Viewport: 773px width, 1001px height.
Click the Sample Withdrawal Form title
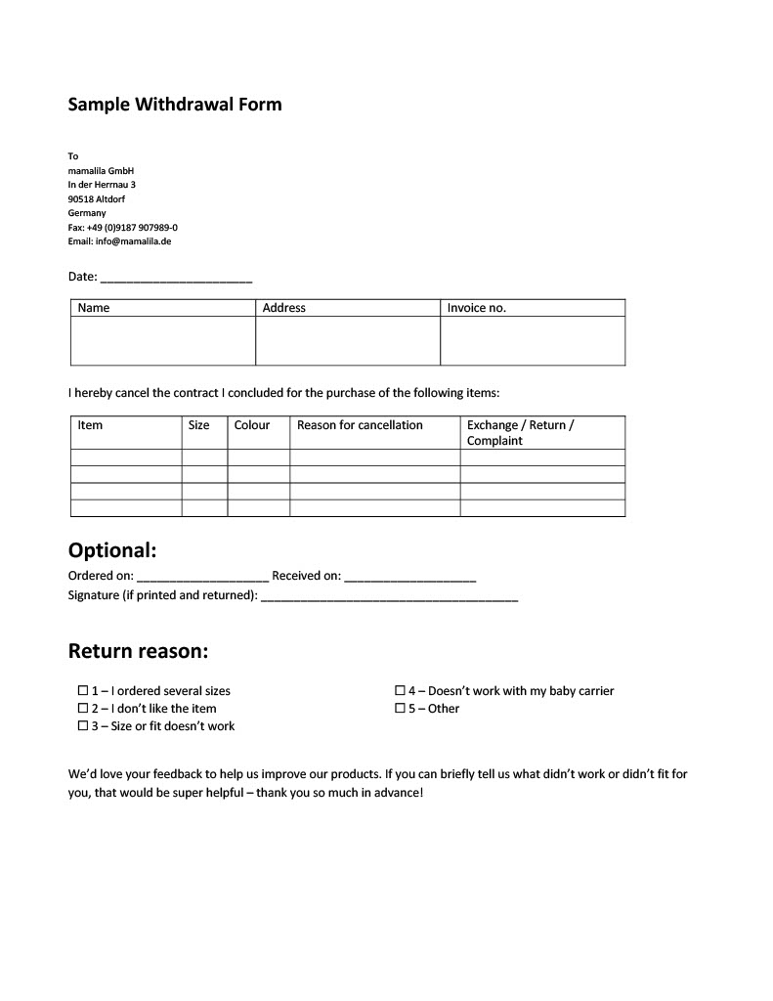(x=174, y=105)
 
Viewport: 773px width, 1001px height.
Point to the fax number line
(x=122, y=227)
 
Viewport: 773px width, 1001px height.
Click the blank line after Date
(x=176, y=279)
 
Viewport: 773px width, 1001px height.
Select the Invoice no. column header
(x=477, y=308)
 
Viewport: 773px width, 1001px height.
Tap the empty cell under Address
(x=348, y=340)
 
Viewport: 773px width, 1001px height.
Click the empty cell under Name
(x=163, y=340)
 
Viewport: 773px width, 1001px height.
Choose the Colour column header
(x=252, y=425)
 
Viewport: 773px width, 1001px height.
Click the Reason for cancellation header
(x=360, y=425)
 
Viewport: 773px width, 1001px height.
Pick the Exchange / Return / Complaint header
(x=520, y=432)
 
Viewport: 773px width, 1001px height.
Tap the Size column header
(x=198, y=425)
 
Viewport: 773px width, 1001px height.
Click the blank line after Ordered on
(x=202, y=578)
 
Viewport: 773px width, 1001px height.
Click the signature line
(x=389, y=596)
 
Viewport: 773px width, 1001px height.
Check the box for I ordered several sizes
(x=83, y=691)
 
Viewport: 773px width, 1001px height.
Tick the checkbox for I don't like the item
(x=83, y=709)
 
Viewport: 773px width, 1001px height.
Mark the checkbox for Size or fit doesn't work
(x=83, y=726)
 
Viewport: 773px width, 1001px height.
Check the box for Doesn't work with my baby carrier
(x=400, y=691)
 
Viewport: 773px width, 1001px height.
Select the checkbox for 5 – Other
(x=400, y=709)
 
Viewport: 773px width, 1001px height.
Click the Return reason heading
(x=138, y=651)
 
